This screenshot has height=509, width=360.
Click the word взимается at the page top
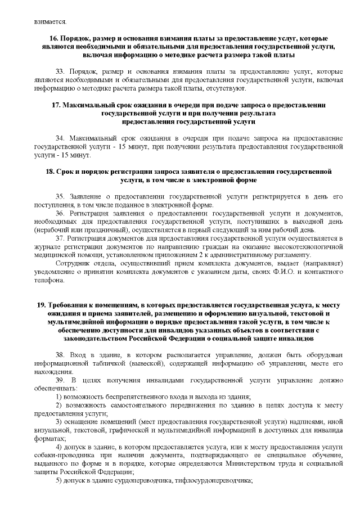coord(49,22)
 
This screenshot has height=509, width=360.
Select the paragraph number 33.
coord(61,73)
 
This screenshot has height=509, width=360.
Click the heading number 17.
coord(56,105)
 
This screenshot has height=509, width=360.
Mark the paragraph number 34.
coord(61,138)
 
